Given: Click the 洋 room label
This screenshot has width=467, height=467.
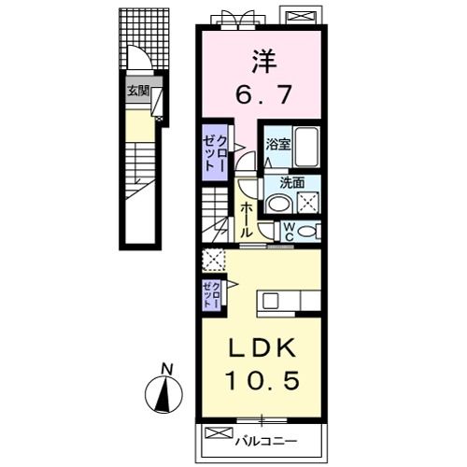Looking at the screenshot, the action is click(x=264, y=62).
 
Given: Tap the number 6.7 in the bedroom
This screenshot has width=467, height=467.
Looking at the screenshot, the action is click(x=263, y=94).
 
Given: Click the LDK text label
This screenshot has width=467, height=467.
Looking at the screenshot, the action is click(x=262, y=348).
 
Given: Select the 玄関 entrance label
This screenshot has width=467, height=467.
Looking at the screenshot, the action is click(x=138, y=92).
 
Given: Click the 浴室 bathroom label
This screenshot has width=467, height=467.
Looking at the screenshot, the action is click(x=277, y=145).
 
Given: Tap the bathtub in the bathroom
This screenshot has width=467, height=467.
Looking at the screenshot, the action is click(x=306, y=147).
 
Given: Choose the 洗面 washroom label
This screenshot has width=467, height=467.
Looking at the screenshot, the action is click(x=291, y=183).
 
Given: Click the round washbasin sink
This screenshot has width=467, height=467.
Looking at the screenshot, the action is click(x=278, y=205).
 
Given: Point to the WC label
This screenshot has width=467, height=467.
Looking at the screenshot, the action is click(x=290, y=232).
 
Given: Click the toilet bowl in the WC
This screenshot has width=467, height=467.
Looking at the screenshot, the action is click(x=306, y=232).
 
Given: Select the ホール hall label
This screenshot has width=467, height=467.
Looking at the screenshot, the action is click(x=247, y=219).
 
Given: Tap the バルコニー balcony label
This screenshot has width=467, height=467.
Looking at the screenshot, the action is click(x=266, y=441).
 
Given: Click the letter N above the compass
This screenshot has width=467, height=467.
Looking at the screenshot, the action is click(x=167, y=370).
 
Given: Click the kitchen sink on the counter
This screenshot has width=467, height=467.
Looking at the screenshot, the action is click(x=269, y=301).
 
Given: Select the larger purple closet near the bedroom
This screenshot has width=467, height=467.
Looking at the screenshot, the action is click(x=215, y=152).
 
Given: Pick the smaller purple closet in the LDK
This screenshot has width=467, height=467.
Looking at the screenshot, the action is click(x=211, y=294).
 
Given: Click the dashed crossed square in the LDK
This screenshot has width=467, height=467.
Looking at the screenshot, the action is click(x=213, y=260).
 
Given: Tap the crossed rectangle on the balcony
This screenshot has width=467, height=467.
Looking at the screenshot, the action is click(x=219, y=433).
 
